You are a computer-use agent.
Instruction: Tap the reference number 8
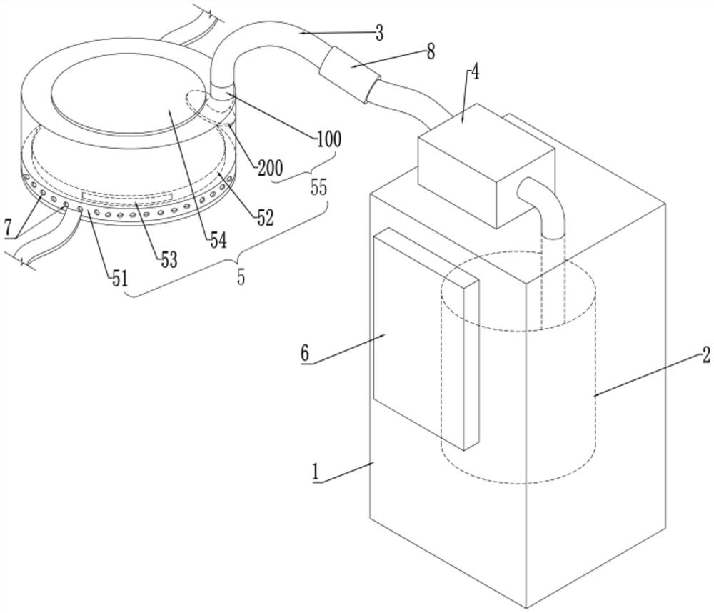(x=431, y=51)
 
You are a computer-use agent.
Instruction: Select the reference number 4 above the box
(x=475, y=72)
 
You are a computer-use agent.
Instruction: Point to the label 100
(x=328, y=139)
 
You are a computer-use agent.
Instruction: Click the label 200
(x=270, y=168)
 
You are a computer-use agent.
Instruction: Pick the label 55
(x=318, y=187)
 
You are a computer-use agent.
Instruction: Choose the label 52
(x=265, y=219)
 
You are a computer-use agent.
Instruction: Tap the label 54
(x=218, y=240)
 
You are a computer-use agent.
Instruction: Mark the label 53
(x=168, y=260)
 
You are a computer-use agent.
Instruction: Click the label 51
(x=119, y=278)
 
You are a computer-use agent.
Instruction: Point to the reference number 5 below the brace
(x=241, y=276)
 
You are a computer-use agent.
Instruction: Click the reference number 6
(x=305, y=352)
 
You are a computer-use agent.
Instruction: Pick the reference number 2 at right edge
(x=705, y=354)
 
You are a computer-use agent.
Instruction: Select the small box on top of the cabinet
(x=486, y=166)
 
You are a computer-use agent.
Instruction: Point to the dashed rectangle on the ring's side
(x=127, y=195)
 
